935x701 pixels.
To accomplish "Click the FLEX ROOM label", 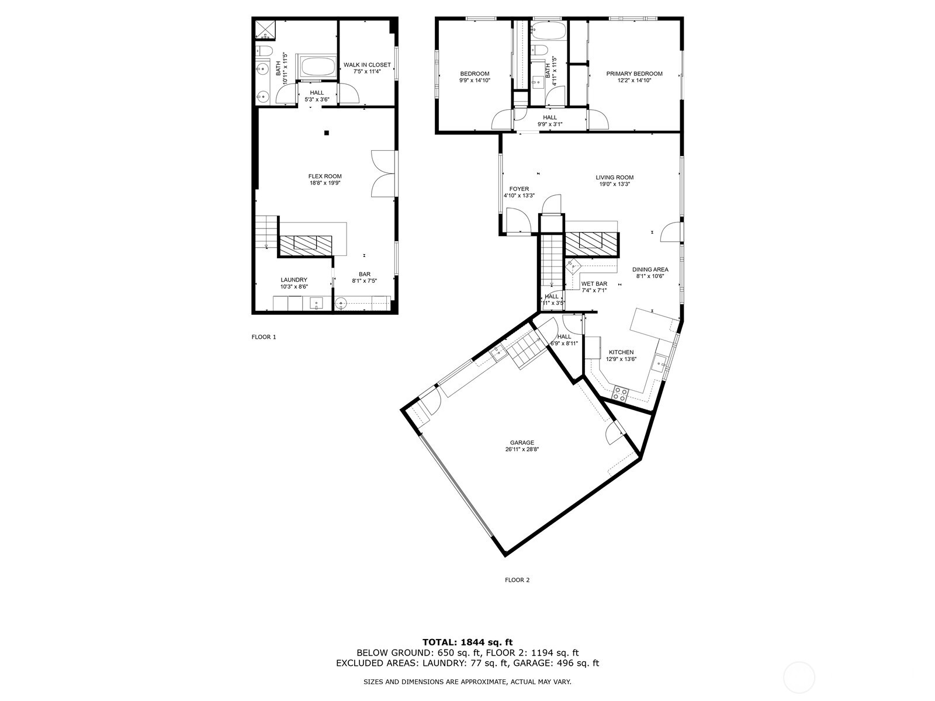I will [x=325, y=176].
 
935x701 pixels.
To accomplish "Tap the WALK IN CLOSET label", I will [x=367, y=65].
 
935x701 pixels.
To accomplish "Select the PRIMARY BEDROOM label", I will [x=634, y=74].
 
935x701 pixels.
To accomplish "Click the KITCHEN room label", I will [x=621, y=352].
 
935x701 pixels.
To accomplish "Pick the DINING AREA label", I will [x=650, y=269].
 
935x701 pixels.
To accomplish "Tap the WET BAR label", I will [x=594, y=284].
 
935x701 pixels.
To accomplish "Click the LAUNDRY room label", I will [x=293, y=280].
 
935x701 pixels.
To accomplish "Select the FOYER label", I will [x=519, y=189].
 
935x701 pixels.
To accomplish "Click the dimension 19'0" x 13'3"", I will [x=614, y=184].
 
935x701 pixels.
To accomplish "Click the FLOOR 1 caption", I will [x=263, y=337].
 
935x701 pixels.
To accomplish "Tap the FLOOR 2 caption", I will [x=517, y=580].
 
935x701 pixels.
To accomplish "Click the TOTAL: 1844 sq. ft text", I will [x=467, y=642].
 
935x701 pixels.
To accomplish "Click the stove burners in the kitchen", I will [x=619, y=393].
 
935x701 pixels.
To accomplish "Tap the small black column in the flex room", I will [x=327, y=133].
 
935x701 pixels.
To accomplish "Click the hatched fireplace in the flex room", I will [x=304, y=244].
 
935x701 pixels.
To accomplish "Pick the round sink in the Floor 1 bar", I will [x=341, y=303].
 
